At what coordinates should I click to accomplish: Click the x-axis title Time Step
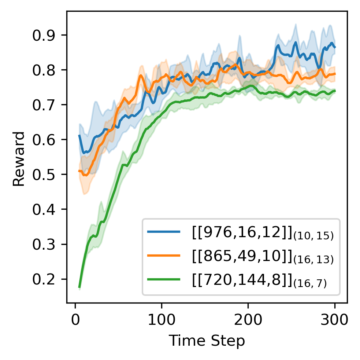pos(207,341)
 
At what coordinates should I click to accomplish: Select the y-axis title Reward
pos(19,158)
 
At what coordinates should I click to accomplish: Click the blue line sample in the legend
pos(164,232)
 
